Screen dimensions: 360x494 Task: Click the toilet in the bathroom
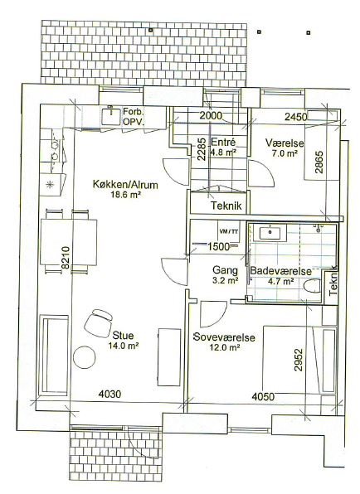click(313, 286)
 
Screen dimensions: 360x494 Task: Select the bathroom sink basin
click(270, 233)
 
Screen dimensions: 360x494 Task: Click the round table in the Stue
click(84, 357)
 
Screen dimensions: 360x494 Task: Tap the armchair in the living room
click(99, 323)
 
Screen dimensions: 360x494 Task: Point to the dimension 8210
click(66, 258)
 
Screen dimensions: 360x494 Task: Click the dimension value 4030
click(109, 394)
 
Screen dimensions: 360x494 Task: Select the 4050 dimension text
click(263, 396)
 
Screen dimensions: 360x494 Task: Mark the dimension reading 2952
click(299, 360)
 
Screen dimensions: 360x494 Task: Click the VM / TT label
click(229, 231)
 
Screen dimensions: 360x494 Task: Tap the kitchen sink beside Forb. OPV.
click(111, 116)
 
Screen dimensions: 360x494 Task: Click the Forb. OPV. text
click(134, 117)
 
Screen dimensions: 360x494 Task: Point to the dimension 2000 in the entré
click(211, 115)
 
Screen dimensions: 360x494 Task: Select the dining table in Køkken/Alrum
click(68, 243)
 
